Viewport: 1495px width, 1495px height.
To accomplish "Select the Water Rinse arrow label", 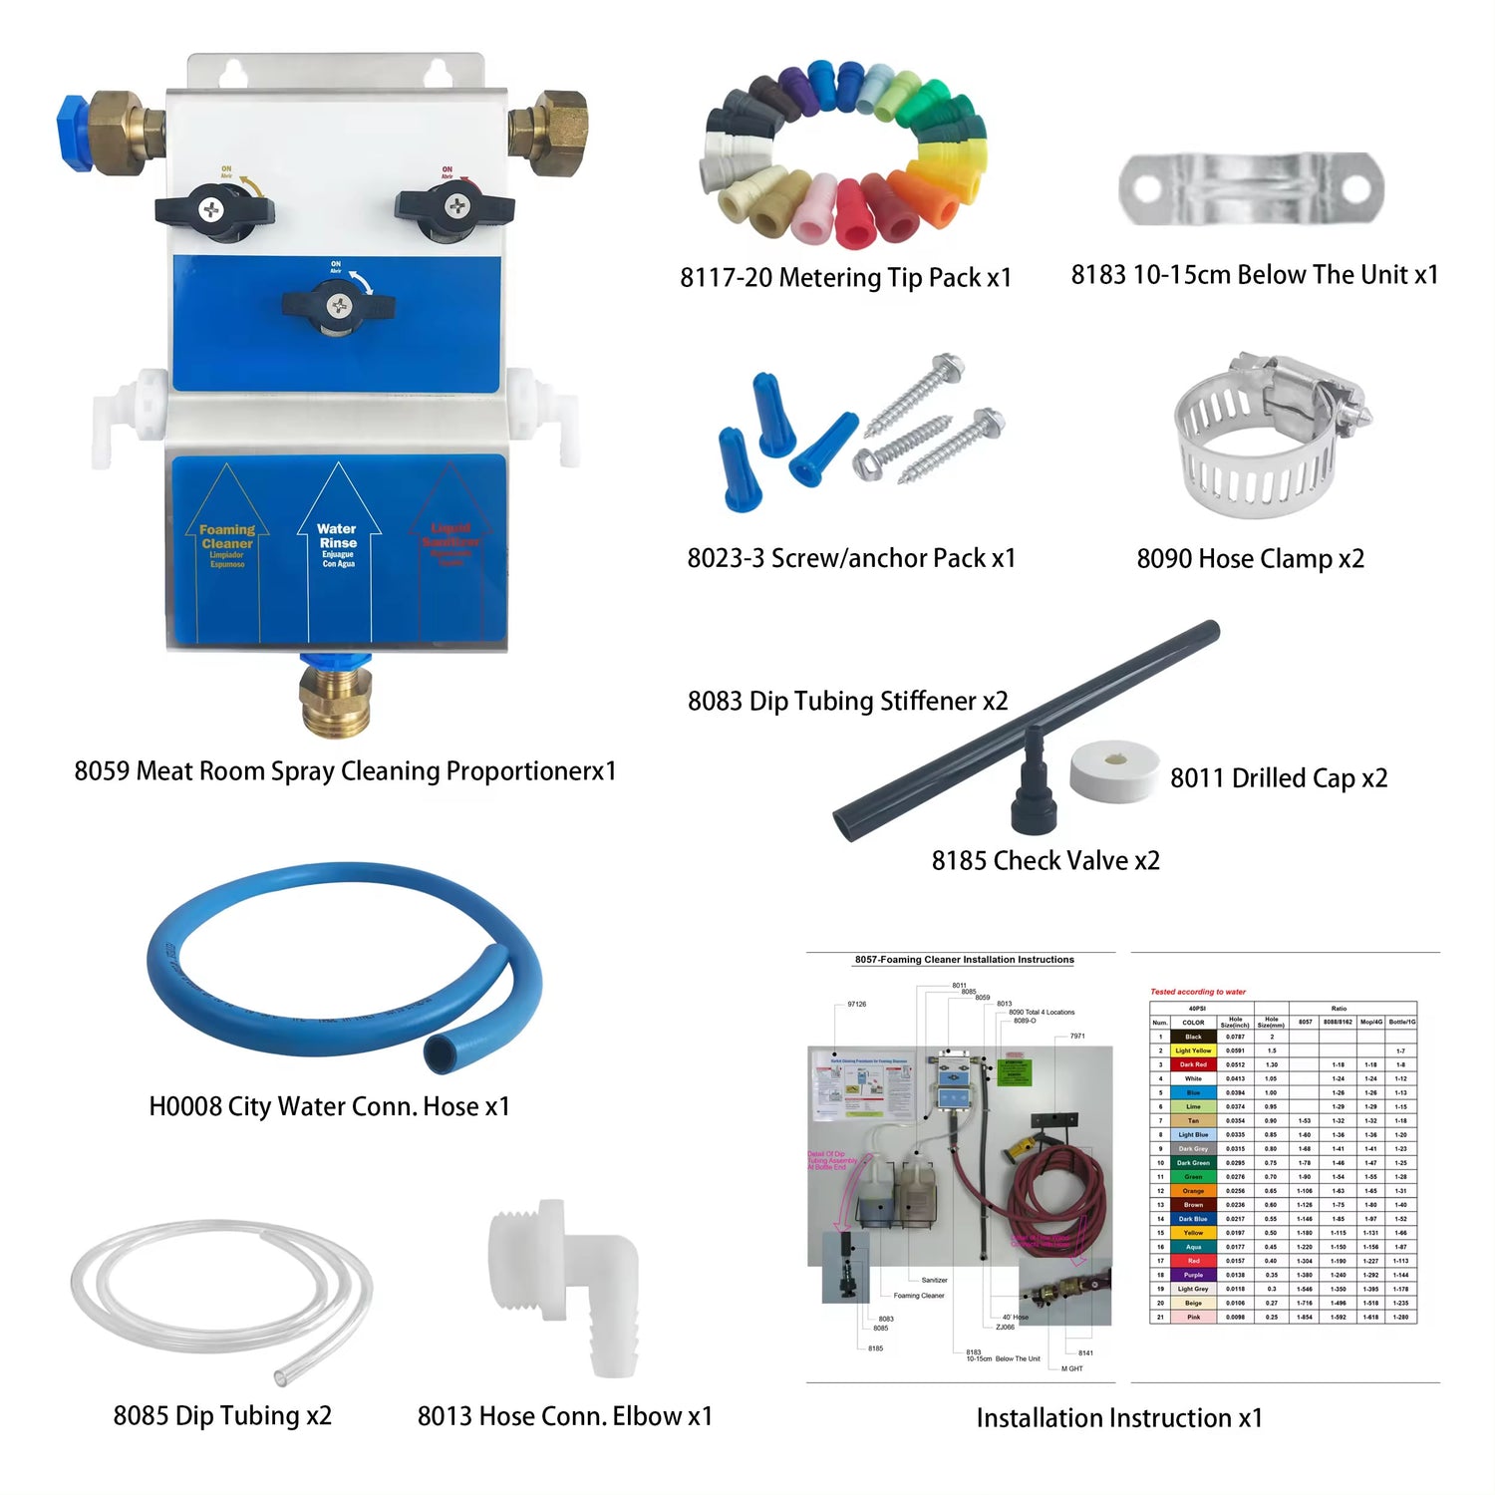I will [338, 543].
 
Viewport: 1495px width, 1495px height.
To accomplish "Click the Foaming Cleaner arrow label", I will [227, 543].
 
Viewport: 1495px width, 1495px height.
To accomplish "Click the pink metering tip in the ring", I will [816, 209].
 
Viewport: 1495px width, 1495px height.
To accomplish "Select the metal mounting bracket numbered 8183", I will [1251, 188].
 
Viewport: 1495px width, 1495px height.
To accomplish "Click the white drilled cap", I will [1113, 770].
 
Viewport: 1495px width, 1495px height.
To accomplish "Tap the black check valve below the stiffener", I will [1034, 797].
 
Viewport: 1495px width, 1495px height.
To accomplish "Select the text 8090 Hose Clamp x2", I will [1250, 559].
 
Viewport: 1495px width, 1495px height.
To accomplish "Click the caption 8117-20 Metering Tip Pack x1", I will [845, 278].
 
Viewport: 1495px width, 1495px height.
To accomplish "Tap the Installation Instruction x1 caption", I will [1118, 1418].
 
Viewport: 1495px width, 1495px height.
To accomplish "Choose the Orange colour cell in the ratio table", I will [1193, 1191].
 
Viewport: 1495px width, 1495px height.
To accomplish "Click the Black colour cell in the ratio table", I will [1193, 1037].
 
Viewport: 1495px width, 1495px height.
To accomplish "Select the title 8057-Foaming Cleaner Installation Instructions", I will [964, 960].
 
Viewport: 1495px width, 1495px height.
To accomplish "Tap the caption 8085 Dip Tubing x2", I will [222, 1416].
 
